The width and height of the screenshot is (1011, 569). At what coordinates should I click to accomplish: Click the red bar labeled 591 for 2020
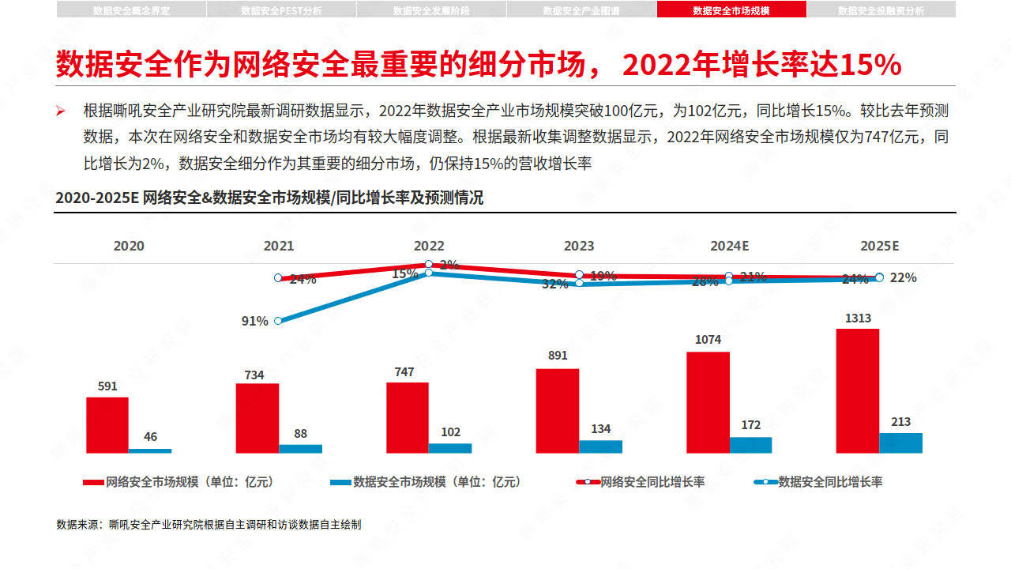pyautogui.click(x=107, y=424)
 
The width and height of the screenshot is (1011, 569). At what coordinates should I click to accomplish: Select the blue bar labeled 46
pyautogui.click(x=150, y=450)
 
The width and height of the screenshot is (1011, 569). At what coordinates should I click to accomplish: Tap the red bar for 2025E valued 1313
pyautogui.click(x=857, y=390)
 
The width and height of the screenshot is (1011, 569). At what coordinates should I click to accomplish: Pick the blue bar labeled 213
pyautogui.click(x=900, y=443)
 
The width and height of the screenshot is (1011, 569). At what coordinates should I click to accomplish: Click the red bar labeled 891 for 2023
pyautogui.click(x=557, y=410)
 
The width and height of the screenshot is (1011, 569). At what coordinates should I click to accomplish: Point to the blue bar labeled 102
pyautogui.click(x=450, y=447)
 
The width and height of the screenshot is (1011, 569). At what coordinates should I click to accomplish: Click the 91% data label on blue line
pyautogui.click(x=254, y=321)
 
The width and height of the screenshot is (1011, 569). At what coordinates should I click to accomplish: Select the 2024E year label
pyautogui.click(x=729, y=246)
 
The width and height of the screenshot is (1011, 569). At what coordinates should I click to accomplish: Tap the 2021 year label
pyautogui.click(x=278, y=246)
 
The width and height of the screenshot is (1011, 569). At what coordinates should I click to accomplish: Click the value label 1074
pyautogui.click(x=708, y=339)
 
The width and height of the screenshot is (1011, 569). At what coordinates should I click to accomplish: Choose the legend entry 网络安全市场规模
pyautogui.click(x=180, y=481)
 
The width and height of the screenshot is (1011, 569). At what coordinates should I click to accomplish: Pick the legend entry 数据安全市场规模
pyautogui.click(x=427, y=481)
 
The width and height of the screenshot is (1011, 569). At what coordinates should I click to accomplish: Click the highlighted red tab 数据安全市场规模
pyautogui.click(x=731, y=10)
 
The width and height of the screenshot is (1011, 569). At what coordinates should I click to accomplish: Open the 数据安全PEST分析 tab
pyautogui.click(x=281, y=10)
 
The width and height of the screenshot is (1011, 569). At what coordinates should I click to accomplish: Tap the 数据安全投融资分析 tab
pyautogui.click(x=881, y=10)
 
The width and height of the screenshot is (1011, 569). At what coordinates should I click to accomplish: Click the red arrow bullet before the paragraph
pyautogui.click(x=60, y=110)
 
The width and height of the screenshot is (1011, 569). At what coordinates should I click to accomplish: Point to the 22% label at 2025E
pyautogui.click(x=903, y=277)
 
